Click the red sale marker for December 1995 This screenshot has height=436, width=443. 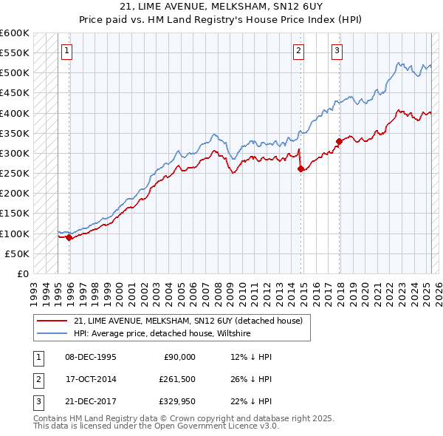pos(69,237)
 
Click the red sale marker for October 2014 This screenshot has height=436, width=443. pos(301,168)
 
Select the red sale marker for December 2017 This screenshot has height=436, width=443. pos(339,141)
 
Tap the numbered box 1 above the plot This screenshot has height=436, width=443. pos(66,51)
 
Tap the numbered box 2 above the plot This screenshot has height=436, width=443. pos(298,51)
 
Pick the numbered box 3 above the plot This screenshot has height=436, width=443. pos(337,51)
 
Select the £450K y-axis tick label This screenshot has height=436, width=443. pos(15,93)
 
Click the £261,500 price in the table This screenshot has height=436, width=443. pos(177,379)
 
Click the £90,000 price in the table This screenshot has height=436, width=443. pos(179,357)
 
